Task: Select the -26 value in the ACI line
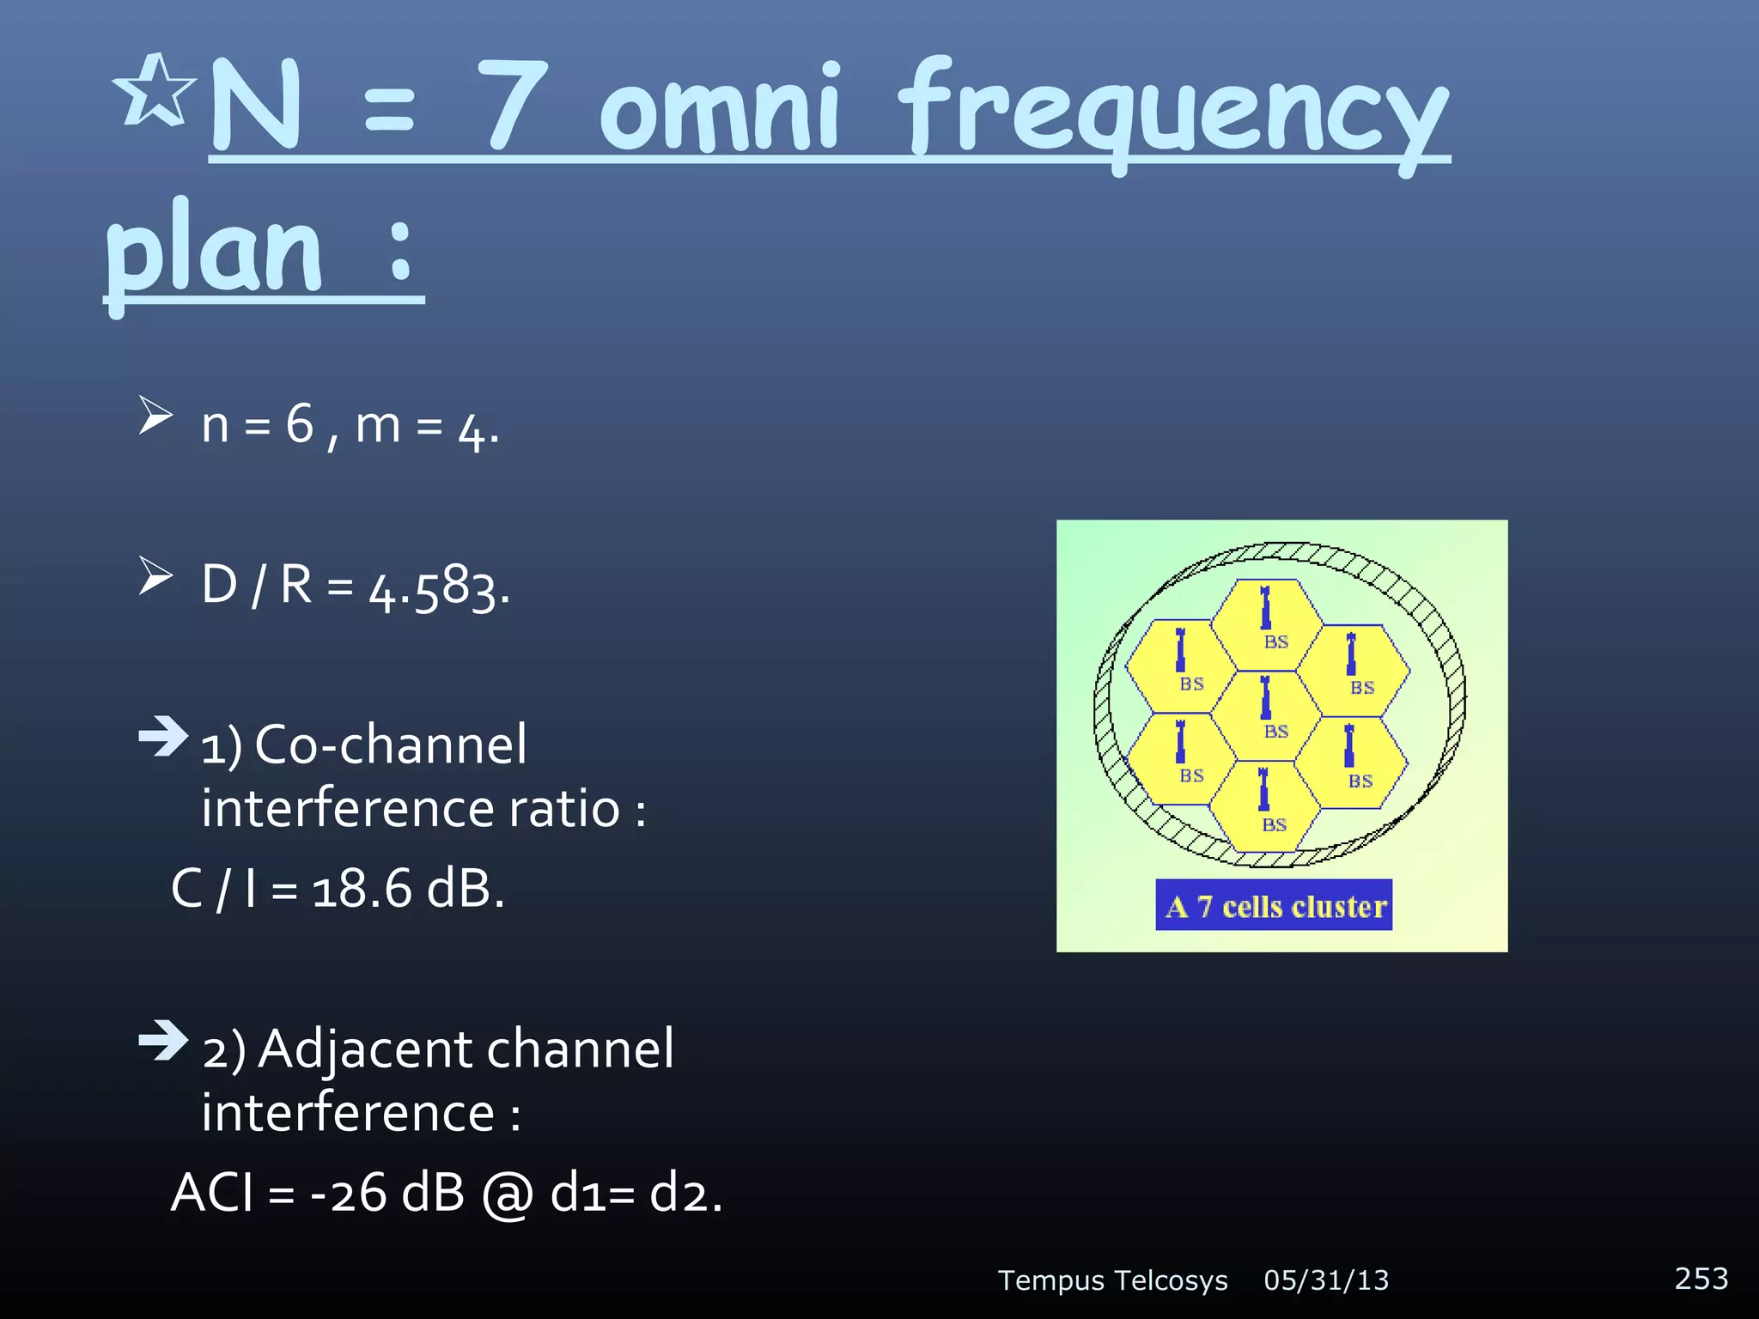(x=348, y=1193)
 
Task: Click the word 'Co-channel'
(x=391, y=745)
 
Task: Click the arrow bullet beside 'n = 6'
(x=155, y=416)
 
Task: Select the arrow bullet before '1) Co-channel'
(x=162, y=737)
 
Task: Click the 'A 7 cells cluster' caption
(x=1274, y=906)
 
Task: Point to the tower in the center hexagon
(x=1264, y=697)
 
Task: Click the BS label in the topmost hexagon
(x=1275, y=641)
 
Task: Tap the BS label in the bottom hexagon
(x=1274, y=825)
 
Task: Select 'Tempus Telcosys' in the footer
(x=1112, y=1280)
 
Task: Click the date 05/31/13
(x=1325, y=1280)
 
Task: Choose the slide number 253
(x=1701, y=1279)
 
